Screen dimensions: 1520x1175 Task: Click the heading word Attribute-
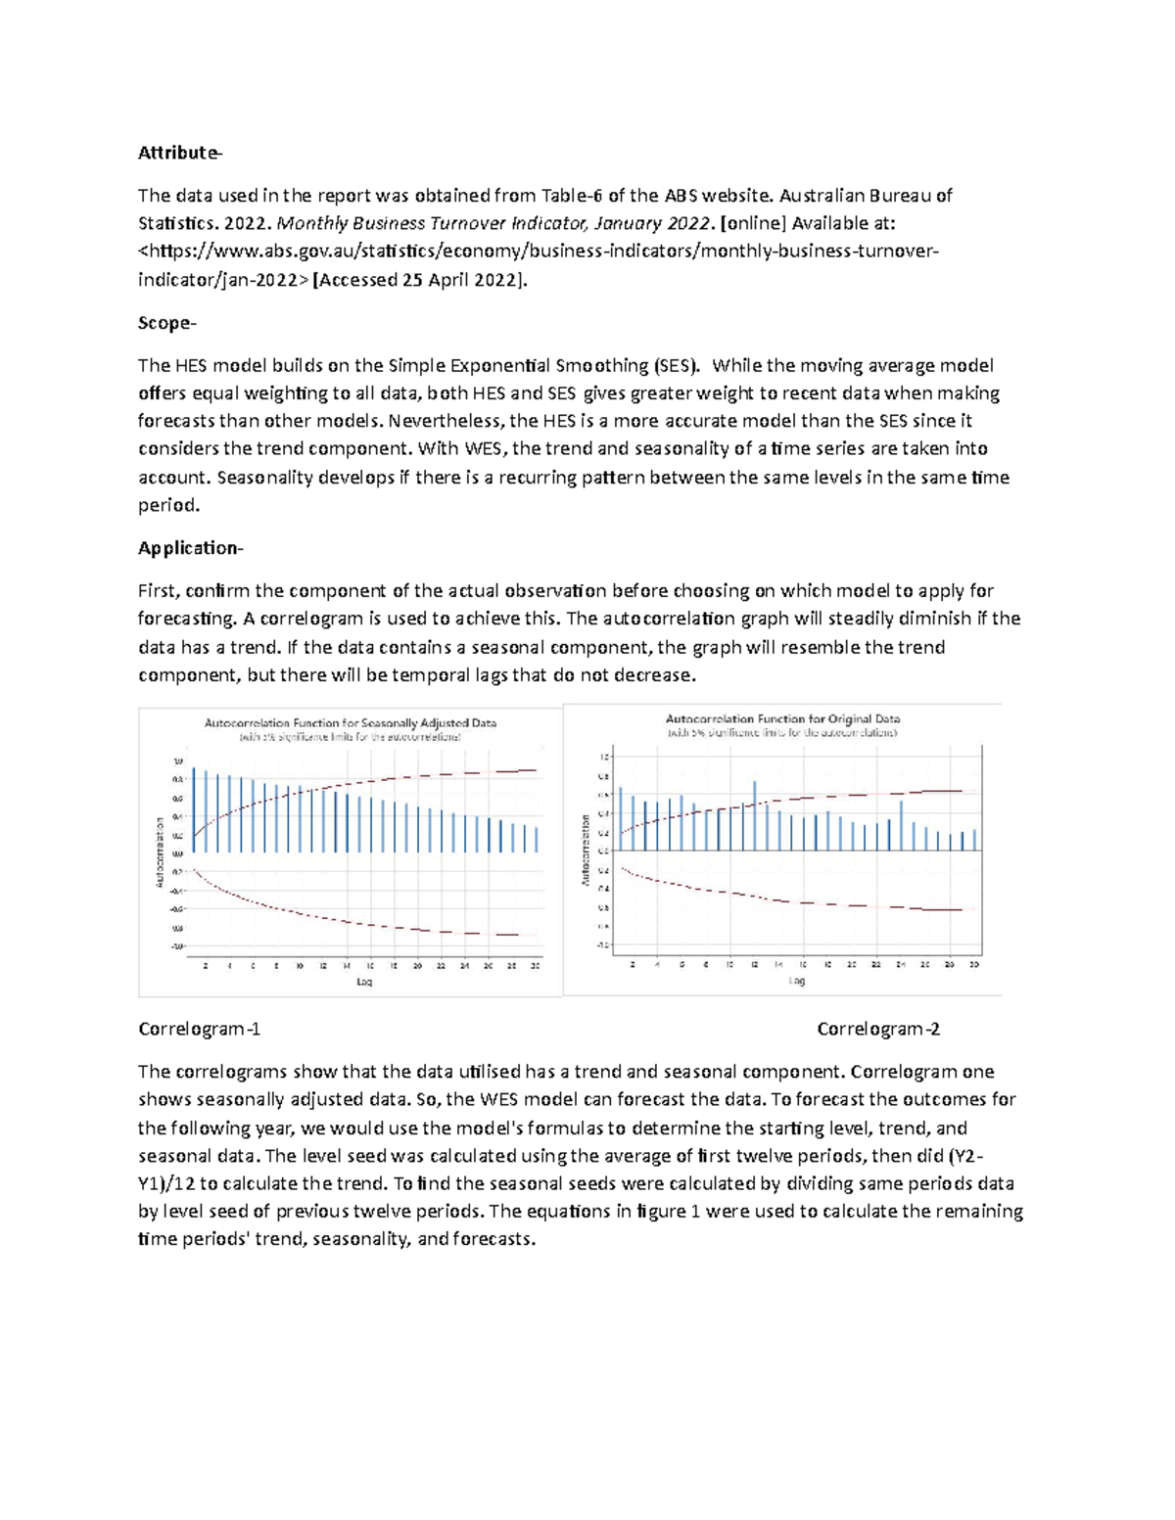(180, 153)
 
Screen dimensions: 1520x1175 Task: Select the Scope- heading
(166, 323)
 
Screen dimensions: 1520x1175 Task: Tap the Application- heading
(190, 548)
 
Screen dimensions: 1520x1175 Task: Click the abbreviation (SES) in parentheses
(676, 366)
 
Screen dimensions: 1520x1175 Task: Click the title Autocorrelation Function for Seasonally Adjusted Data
(350, 723)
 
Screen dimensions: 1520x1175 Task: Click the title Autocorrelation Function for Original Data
(782, 718)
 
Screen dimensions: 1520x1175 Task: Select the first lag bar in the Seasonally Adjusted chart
(194, 810)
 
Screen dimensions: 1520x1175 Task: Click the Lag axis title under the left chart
(364, 982)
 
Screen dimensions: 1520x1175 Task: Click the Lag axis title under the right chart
(797, 981)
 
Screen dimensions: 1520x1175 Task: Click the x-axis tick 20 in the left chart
(417, 966)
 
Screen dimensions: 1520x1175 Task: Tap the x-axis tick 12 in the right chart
(755, 965)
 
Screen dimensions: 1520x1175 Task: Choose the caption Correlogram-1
(200, 1030)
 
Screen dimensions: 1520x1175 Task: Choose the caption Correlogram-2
(878, 1030)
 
